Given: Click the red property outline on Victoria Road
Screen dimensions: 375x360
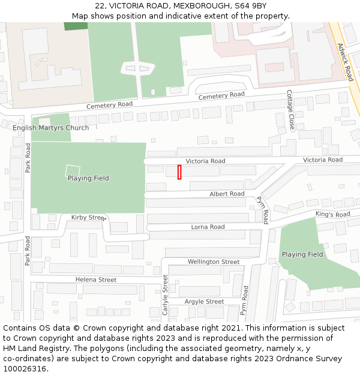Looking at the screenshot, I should (x=179, y=172).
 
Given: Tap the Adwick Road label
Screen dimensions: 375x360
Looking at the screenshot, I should (x=345, y=62).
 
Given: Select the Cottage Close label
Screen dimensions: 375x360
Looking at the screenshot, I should (x=290, y=110).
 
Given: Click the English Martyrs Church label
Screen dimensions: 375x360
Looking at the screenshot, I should (x=51, y=128).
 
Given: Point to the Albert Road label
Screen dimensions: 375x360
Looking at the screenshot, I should (x=227, y=194).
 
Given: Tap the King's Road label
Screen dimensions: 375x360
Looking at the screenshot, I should (x=332, y=214).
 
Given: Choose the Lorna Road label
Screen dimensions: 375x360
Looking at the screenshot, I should (x=208, y=227).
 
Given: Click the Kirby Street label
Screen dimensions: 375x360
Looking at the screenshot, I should (x=88, y=217).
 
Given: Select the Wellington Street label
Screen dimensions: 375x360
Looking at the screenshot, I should (x=214, y=262).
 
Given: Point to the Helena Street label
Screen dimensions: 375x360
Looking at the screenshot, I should (x=96, y=280).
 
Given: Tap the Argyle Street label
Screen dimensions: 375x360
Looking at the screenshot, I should (x=204, y=301).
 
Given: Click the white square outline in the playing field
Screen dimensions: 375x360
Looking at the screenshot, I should (x=72, y=170).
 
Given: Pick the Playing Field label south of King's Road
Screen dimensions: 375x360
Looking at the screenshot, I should (x=302, y=254).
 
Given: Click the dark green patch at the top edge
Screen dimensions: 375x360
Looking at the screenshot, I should (x=76, y=26).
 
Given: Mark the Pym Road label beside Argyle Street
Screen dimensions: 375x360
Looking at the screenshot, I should (x=244, y=301).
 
